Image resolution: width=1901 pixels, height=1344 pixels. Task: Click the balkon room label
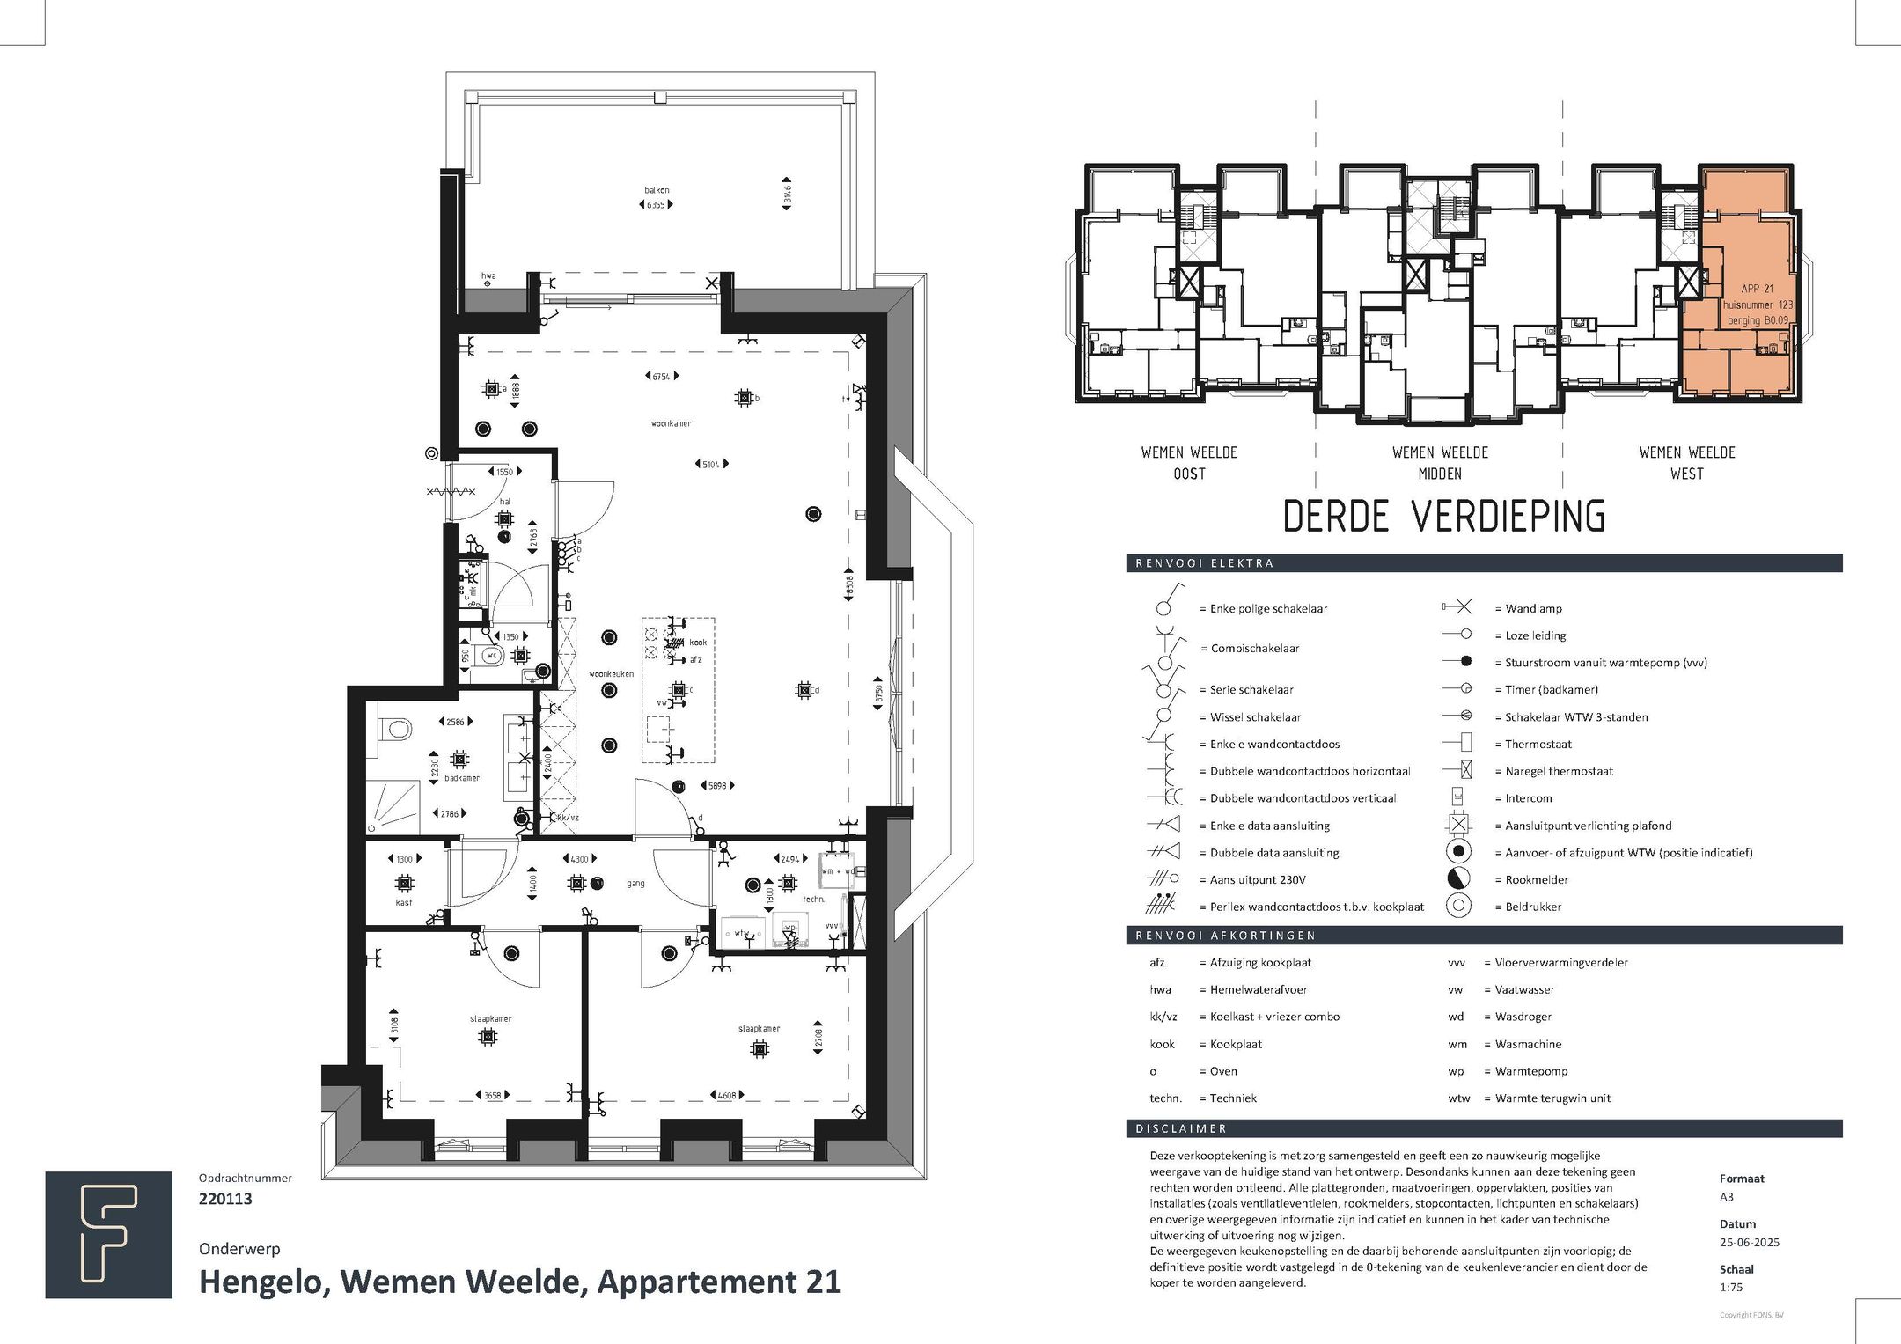[657, 190]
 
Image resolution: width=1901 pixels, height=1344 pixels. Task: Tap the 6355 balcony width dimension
[656, 205]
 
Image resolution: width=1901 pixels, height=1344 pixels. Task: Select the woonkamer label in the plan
[671, 423]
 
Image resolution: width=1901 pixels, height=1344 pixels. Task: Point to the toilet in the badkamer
[395, 730]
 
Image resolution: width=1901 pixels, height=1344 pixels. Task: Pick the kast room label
[403, 903]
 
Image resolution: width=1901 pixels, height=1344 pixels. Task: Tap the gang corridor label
[635, 884]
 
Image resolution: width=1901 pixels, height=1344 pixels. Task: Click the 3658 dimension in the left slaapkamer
[492, 1096]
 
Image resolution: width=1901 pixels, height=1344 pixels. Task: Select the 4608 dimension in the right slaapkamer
[726, 1096]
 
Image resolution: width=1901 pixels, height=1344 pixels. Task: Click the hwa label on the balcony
[488, 275]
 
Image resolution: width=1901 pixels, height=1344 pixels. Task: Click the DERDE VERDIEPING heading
[1443, 517]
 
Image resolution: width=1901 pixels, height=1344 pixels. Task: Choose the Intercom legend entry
[1528, 798]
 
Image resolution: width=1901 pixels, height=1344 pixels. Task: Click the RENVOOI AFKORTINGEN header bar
[1484, 936]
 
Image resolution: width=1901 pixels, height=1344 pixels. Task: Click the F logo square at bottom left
[109, 1235]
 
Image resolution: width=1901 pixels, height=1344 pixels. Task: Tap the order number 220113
[225, 1199]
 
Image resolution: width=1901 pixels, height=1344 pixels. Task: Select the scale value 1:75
[1731, 1287]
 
